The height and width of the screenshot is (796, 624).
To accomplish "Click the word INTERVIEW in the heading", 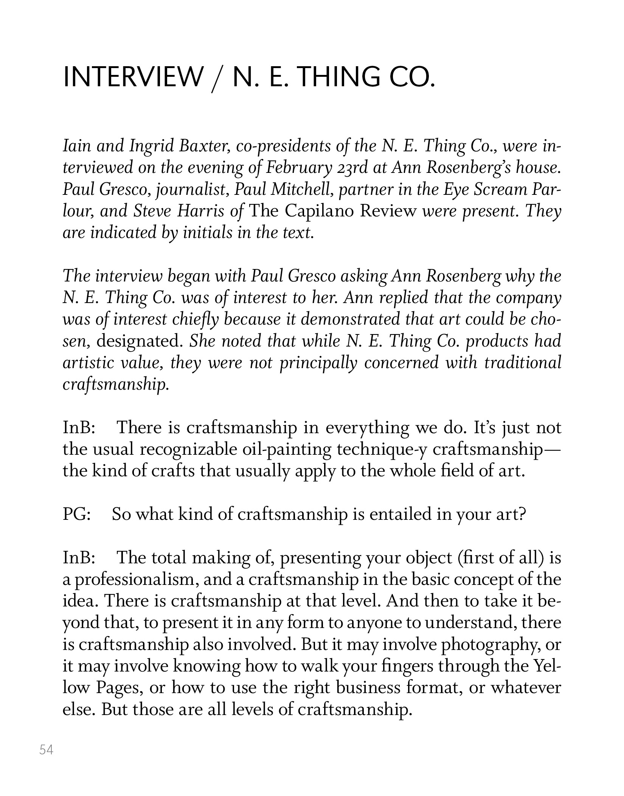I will (133, 77).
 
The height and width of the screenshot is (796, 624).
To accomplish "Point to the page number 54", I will (46, 749).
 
